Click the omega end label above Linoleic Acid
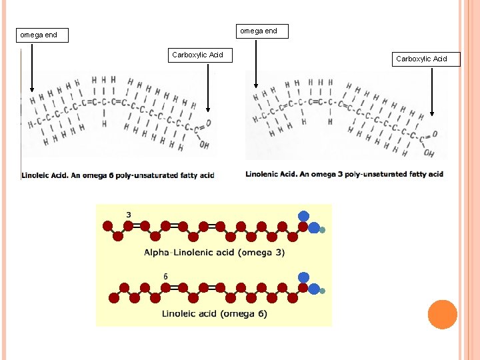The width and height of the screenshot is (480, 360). tap(41, 35)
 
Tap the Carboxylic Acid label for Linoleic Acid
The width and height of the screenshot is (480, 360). tap(197, 55)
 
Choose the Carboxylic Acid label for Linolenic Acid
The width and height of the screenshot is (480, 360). tap(421, 59)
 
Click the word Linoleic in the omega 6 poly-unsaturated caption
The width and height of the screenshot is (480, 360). tap(37, 175)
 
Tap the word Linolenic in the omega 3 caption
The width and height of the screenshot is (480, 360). tap(263, 175)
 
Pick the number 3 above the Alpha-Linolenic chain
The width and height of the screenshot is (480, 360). tap(128, 215)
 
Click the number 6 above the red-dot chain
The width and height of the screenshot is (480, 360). tap(165, 276)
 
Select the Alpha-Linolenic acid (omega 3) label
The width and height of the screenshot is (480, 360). tap(214, 253)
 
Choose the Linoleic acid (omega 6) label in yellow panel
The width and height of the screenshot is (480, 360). tap(214, 313)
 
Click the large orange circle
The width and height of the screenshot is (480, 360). tap(442, 314)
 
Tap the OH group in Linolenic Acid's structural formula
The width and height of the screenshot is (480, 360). tap(429, 153)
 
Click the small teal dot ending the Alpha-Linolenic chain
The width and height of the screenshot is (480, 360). tap(323, 230)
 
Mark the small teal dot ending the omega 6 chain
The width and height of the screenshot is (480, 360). tap(323, 291)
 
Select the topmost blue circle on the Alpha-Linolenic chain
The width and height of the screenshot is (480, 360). tap(303, 215)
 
